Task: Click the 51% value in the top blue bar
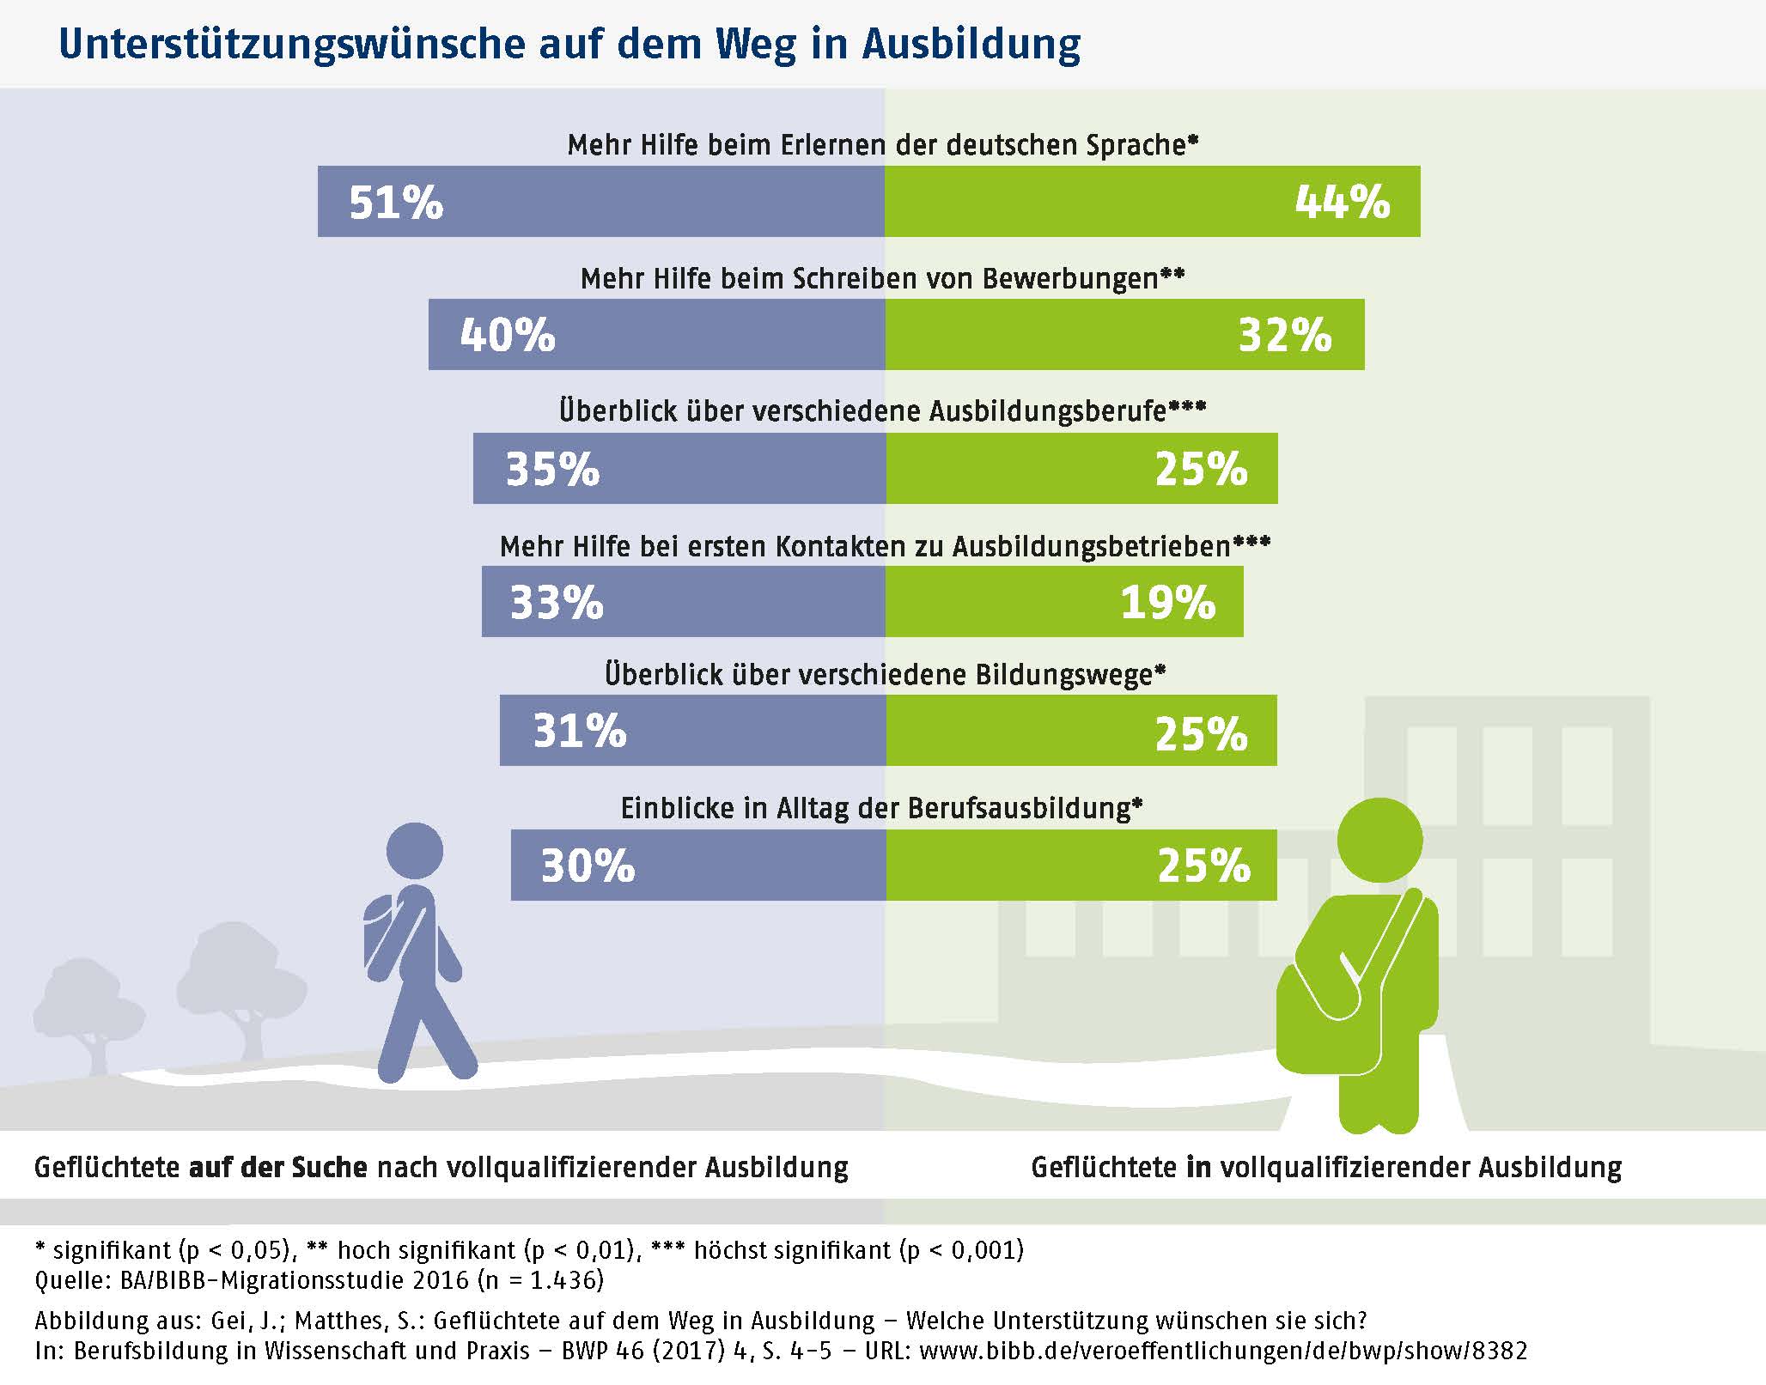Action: click(396, 203)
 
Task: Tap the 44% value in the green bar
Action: click(1343, 203)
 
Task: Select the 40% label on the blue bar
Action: click(508, 335)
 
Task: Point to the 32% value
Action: click(1285, 335)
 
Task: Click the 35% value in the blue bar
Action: click(552, 469)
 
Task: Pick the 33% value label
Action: click(557, 602)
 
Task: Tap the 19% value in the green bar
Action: click(1168, 602)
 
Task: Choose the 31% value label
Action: click(580, 732)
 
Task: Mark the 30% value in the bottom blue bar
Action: click(588, 866)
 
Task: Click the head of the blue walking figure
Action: click(415, 851)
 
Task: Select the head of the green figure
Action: click(1380, 841)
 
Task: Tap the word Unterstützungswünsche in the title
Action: click(292, 45)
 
